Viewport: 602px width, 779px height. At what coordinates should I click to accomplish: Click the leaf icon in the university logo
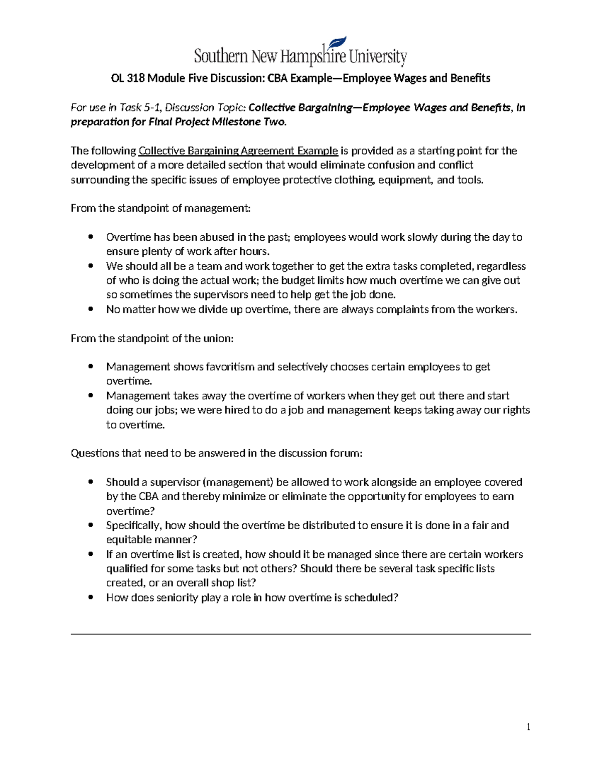pos(338,44)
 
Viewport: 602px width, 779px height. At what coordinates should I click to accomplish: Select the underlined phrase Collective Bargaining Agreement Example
pos(238,151)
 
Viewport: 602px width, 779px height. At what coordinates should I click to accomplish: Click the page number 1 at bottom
pos(528,727)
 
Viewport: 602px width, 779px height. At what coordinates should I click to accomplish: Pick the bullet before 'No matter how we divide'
pos(90,309)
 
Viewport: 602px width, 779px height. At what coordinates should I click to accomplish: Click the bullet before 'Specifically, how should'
pos(90,525)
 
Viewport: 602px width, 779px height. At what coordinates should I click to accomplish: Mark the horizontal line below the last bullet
pos(301,634)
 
